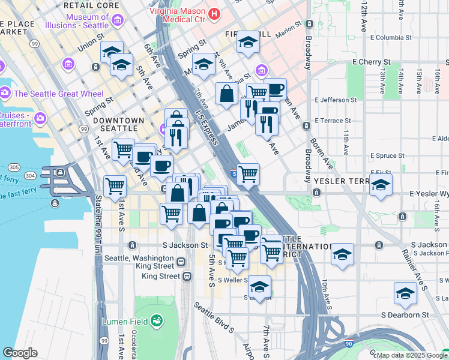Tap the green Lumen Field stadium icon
pos(157,322)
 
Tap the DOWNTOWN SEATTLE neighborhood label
pos(118,125)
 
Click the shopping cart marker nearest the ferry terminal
pos(115,185)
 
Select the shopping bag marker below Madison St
pos(226,94)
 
